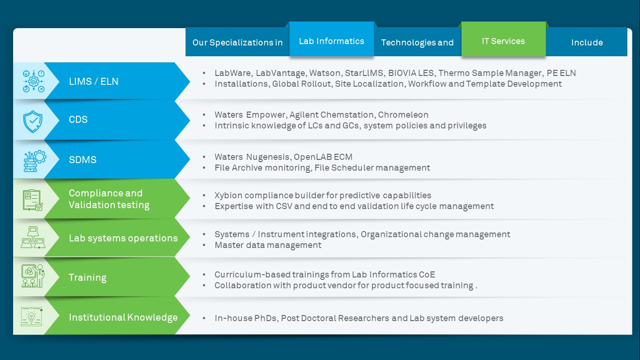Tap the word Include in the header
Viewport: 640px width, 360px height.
(x=587, y=42)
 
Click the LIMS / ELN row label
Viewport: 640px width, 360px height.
(x=93, y=82)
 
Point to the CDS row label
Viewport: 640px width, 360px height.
(x=78, y=119)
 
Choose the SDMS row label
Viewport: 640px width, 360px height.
(x=82, y=159)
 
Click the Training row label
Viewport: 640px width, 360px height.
(x=88, y=277)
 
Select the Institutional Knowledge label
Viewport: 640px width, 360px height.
(x=123, y=317)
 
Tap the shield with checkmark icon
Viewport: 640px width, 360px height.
(x=33, y=121)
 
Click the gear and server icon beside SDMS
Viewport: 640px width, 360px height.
(x=35, y=161)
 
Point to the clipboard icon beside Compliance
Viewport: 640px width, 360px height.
(x=33, y=200)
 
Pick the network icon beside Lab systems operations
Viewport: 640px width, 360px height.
(x=33, y=238)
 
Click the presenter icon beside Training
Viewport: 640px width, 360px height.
(x=33, y=276)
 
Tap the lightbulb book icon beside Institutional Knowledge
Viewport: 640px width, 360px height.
(x=32, y=316)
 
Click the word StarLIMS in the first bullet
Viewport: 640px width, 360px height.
(x=364, y=73)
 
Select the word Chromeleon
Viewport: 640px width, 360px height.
(x=403, y=115)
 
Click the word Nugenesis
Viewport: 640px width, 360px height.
(x=268, y=157)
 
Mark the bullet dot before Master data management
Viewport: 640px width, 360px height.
(x=204, y=245)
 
